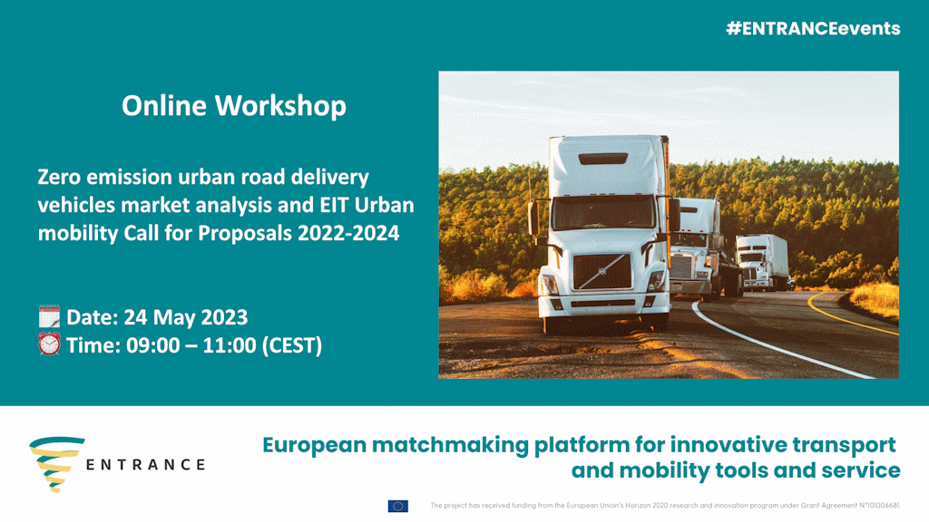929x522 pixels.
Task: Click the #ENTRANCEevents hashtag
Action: (x=813, y=28)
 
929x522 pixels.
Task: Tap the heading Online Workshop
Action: (x=234, y=106)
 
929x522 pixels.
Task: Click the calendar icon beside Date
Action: (x=49, y=316)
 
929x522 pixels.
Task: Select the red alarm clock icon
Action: (x=49, y=343)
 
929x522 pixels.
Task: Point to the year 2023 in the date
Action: (x=225, y=317)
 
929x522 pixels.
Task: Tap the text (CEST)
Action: (x=292, y=345)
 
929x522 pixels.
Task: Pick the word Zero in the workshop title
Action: (x=58, y=177)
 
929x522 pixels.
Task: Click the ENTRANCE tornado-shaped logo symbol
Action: (x=56, y=464)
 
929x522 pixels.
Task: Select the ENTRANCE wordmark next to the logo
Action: (x=146, y=465)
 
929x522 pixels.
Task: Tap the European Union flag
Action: (x=398, y=506)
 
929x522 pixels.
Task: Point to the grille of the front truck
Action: (x=602, y=272)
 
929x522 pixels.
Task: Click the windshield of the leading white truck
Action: (x=603, y=212)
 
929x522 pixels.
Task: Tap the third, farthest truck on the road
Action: (x=763, y=262)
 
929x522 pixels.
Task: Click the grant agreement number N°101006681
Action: (x=879, y=506)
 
